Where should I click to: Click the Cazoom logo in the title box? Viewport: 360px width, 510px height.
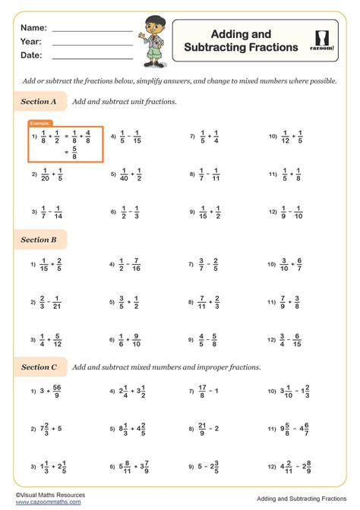pos(326,40)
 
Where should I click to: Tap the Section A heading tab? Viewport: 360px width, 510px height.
pos(39,101)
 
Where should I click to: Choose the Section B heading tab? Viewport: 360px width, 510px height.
pos(39,240)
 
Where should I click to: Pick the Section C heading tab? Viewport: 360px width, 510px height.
pos(39,367)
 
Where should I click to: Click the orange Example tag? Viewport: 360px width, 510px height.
pos(40,123)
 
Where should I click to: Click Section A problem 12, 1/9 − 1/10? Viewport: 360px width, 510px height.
pos(289,212)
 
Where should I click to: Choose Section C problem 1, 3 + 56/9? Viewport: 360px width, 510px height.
pos(52,392)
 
